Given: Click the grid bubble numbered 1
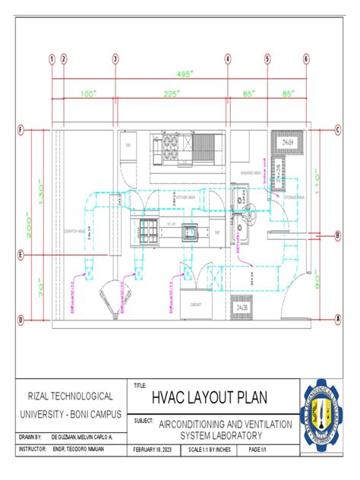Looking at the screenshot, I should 52,58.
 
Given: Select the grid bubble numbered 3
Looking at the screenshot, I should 115,58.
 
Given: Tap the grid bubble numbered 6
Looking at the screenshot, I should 306,58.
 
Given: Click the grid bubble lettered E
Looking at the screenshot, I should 21,255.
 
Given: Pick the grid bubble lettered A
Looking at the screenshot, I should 337,320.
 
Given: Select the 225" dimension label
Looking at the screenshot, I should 171,94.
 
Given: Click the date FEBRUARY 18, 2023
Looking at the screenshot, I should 159,450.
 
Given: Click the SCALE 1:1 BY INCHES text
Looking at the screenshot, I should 213,450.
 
